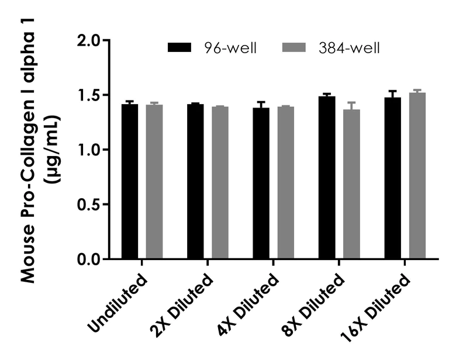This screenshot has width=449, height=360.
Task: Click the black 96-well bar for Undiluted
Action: [130, 182]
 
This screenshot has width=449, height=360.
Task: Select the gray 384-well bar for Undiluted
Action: [154, 182]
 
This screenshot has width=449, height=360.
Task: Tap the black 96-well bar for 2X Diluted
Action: [196, 182]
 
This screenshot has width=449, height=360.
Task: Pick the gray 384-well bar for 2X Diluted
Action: [220, 182]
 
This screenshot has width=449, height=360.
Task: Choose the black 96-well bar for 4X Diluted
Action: [261, 184]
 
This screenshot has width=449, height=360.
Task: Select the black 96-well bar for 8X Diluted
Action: [327, 178]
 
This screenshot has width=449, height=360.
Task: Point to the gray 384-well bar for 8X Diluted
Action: [351, 184]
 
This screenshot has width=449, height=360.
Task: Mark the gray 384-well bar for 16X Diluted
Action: [417, 176]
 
